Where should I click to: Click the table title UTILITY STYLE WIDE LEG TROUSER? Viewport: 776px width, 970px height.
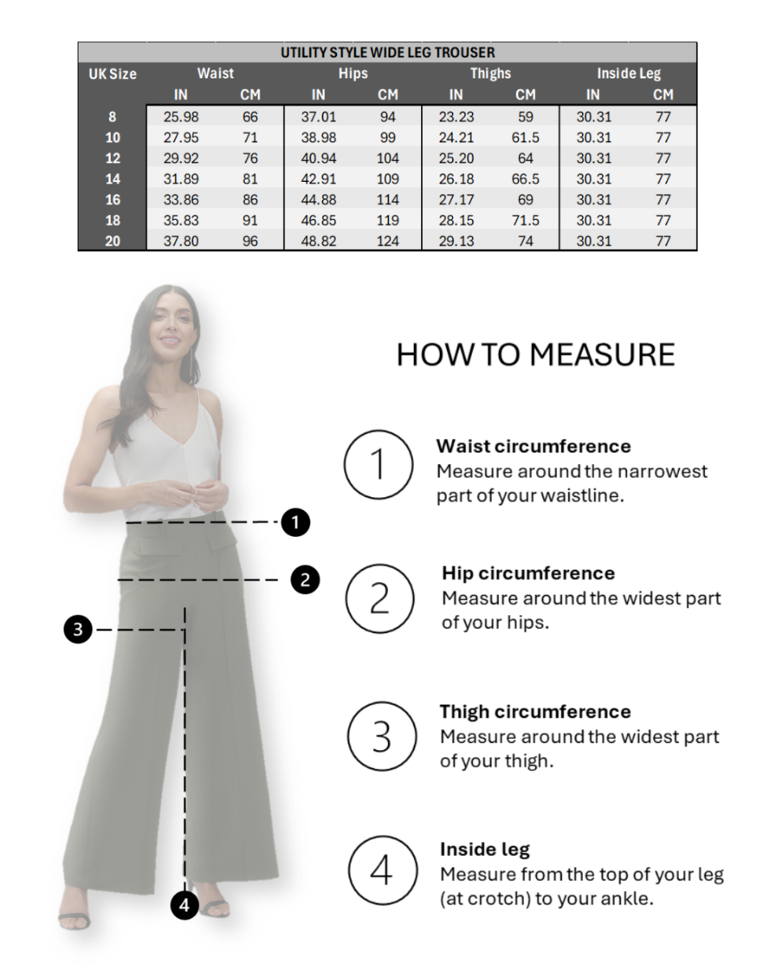tap(387, 53)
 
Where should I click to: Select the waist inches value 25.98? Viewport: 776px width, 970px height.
tap(181, 117)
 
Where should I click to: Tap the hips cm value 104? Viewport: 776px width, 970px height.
tap(388, 158)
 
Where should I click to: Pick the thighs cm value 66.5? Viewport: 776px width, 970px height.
tap(525, 179)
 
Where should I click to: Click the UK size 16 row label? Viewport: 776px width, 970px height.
tap(112, 200)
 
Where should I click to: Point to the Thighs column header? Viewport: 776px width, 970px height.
tap(491, 74)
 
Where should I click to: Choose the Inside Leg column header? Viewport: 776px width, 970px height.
tap(629, 74)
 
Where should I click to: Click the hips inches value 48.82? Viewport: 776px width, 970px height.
tap(318, 241)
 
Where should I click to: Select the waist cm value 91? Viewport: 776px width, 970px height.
tap(251, 220)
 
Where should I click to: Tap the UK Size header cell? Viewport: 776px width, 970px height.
tap(112, 74)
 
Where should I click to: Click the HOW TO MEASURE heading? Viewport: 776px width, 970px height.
tap(535, 355)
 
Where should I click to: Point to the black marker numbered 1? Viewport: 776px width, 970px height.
tap(296, 522)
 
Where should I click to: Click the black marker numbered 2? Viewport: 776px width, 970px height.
tap(305, 580)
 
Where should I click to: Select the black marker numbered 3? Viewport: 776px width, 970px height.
tap(78, 629)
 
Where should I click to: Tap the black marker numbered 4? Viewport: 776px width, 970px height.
tap(185, 905)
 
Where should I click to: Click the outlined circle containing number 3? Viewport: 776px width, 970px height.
tap(382, 736)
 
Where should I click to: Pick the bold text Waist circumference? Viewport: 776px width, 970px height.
tap(533, 446)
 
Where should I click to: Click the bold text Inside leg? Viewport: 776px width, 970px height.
tap(485, 850)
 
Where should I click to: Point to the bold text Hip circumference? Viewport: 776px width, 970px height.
tap(528, 573)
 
